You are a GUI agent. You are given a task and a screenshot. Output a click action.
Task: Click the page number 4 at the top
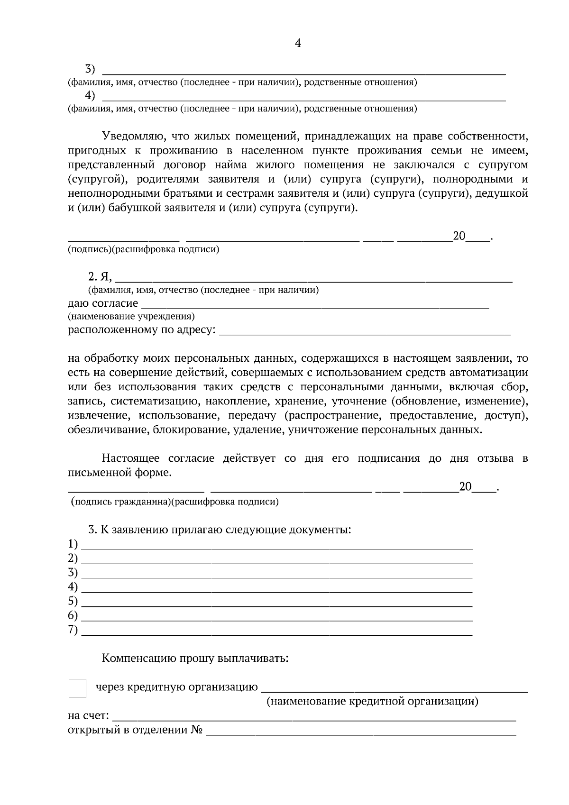point(298,44)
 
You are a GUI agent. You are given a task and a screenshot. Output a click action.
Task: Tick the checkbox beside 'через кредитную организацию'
point(78,688)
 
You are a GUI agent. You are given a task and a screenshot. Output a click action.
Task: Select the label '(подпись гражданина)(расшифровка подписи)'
point(174,502)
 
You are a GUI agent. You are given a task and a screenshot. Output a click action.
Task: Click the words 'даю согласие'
point(103,303)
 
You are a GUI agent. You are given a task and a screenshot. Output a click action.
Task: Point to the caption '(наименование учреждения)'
point(131,316)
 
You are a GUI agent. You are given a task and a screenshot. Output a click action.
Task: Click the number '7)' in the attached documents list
point(73,630)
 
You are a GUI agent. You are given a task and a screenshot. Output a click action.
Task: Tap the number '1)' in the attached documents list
point(73,543)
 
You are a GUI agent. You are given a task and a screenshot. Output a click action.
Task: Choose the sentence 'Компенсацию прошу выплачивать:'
point(195,658)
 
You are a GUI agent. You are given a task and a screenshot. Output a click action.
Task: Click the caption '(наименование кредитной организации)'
point(372,701)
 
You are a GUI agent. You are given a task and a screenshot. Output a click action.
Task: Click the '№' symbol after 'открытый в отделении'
point(197,730)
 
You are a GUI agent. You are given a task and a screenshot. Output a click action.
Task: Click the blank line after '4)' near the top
point(303,99)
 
